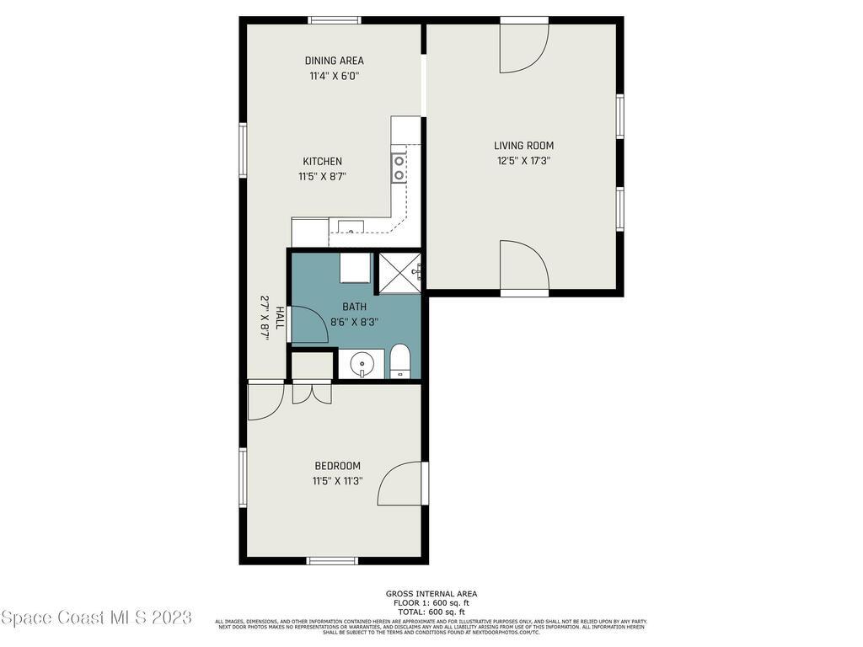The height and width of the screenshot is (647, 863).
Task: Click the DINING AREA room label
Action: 334,61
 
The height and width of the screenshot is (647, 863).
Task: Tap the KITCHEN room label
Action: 322,162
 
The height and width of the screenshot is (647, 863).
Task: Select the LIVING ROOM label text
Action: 523,146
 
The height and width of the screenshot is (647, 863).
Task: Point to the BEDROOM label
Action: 337,466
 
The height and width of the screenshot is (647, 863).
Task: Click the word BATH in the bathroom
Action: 354,307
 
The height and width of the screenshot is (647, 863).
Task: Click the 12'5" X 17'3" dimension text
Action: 523,160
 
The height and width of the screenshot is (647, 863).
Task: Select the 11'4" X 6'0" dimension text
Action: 334,76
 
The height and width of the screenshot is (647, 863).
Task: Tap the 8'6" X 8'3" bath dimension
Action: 354,321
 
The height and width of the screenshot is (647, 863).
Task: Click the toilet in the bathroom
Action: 399,362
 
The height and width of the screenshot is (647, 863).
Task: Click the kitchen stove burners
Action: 399,168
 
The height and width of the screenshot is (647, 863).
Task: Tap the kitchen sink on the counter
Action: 350,226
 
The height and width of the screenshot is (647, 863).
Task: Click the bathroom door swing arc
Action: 310,324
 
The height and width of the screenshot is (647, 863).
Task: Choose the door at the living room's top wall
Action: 523,45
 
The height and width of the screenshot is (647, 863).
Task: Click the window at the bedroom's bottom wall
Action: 332,560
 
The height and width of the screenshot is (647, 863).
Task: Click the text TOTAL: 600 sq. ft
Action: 431,612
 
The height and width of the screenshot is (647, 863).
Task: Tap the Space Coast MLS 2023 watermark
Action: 96,618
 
